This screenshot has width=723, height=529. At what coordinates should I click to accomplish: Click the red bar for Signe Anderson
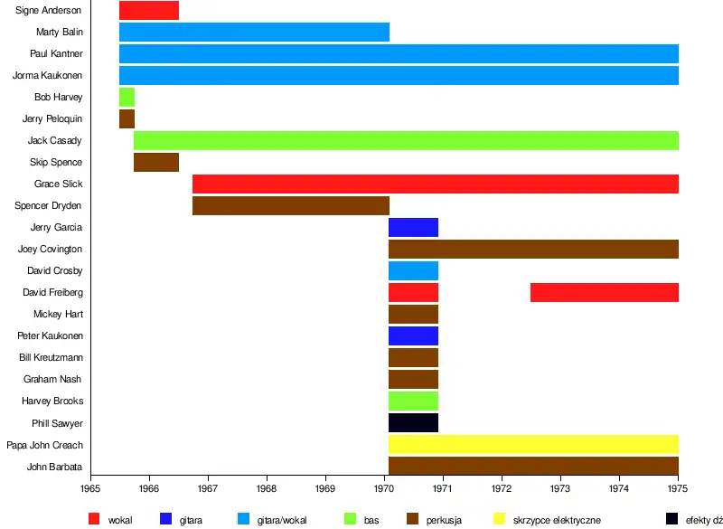(149, 11)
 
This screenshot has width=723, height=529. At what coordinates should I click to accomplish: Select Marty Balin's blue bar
(254, 33)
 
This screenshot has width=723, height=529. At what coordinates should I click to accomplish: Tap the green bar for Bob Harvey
(127, 97)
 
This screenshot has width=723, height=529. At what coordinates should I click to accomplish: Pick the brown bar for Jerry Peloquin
(127, 118)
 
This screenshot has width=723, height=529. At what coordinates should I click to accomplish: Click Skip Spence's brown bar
(156, 162)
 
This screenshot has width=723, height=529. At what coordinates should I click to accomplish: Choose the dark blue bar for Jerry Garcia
(413, 227)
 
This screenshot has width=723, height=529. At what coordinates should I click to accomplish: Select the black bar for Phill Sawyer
(413, 422)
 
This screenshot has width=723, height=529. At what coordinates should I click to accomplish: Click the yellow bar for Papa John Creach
(533, 444)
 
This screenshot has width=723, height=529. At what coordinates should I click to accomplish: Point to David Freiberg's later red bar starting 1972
(604, 292)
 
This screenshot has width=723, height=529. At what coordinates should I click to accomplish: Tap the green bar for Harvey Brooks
(413, 401)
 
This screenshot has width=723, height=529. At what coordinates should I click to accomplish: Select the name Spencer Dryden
(48, 206)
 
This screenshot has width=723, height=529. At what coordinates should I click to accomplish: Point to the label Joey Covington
(50, 250)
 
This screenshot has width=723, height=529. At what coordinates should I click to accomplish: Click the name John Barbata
(55, 467)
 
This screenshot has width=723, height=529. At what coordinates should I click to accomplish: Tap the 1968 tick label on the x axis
(267, 488)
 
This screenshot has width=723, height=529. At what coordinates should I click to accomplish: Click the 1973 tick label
(560, 488)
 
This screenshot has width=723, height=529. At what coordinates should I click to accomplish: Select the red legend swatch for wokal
(94, 519)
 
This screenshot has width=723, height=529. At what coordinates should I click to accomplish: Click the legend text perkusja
(446, 520)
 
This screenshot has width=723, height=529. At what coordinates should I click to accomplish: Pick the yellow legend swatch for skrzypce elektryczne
(499, 519)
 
